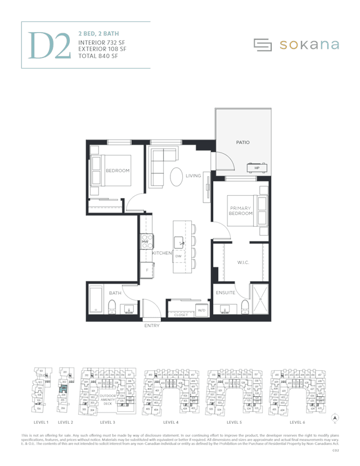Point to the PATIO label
click(x=242, y=143)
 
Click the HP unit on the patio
click(x=256, y=168)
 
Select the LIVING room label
click(x=193, y=176)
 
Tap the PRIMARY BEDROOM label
click(x=240, y=211)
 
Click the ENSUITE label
click(x=226, y=293)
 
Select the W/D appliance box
click(x=201, y=310)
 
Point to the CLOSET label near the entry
click(x=181, y=315)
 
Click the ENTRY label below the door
click(x=152, y=326)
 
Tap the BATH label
click(x=115, y=293)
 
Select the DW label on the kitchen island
click(x=178, y=256)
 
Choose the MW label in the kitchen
click(x=145, y=242)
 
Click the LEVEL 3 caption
click(x=107, y=422)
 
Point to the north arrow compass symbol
click(x=335, y=418)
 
